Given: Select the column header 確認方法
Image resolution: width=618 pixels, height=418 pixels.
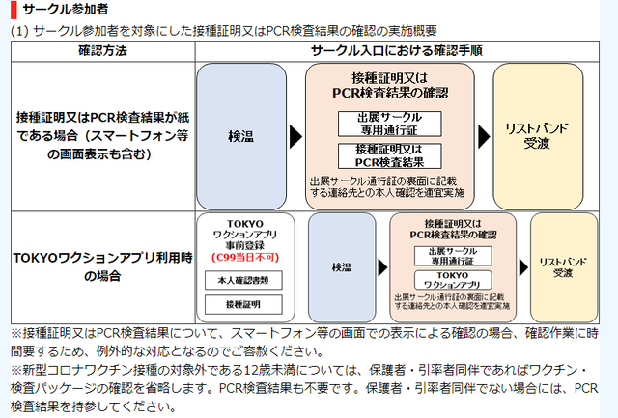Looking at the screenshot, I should click(x=100, y=48).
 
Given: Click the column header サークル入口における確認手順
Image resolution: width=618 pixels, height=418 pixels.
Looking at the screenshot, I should click(x=397, y=48).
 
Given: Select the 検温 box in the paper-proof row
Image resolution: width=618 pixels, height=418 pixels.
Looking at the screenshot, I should click(x=240, y=135).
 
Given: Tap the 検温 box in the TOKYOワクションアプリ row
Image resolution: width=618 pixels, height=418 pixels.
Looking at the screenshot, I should click(x=341, y=266).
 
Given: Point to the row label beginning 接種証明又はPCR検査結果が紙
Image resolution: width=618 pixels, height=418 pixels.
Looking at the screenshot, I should click(x=100, y=134).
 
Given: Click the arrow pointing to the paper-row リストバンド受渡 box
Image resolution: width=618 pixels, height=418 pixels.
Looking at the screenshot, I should click(x=480, y=135).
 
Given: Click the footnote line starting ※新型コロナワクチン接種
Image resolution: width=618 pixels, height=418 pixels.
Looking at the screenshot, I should click(x=309, y=371).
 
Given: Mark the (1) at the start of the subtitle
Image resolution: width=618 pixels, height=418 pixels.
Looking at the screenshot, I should click(x=20, y=31).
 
